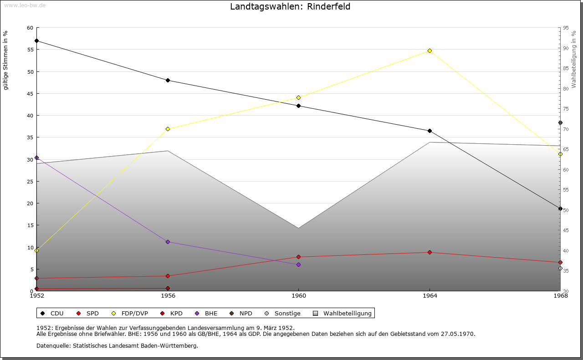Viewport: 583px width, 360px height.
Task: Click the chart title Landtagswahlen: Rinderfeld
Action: pyautogui.click(x=290, y=6)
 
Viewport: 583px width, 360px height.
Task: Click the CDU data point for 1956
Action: pyautogui.click(x=168, y=81)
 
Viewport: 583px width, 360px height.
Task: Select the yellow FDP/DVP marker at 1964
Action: pyautogui.click(x=430, y=51)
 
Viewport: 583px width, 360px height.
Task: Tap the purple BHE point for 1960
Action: pyautogui.click(x=298, y=264)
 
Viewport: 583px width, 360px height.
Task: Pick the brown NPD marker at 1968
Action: pyautogui.click(x=560, y=123)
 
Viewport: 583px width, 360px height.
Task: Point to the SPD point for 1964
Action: pyautogui.click(x=430, y=252)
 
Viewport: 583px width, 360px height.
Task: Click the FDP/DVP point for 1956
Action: pyautogui.click(x=168, y=129)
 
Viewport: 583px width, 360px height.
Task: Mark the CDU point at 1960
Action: pyautogui.click(x=298, y=106)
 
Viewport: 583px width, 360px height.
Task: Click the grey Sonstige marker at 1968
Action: pyautogui.click(x=560, y=269)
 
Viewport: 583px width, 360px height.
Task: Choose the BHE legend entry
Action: pyautogui.click(x=206, y=313)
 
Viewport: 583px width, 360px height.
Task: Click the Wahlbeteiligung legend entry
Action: pyautogui.click(x=342, y=313)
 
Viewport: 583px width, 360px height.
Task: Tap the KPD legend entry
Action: pyautogui.click(x=171, y=313)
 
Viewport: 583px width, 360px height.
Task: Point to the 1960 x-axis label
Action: pyautogui.click(x=299, y=296)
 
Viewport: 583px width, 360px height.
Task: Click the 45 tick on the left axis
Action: pyautogui.click(x=30, y=94)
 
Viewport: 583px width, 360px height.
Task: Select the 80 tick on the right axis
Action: pyautogui.click(x=566, y=89)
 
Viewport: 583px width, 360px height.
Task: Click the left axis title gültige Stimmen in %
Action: pyautogui.click(x=5, y=61)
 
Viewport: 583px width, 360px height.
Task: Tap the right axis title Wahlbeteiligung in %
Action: pyautogui.click(x=573, y=60)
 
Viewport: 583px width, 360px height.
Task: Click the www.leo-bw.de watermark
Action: pyautogui.click(x=25, y=5)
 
